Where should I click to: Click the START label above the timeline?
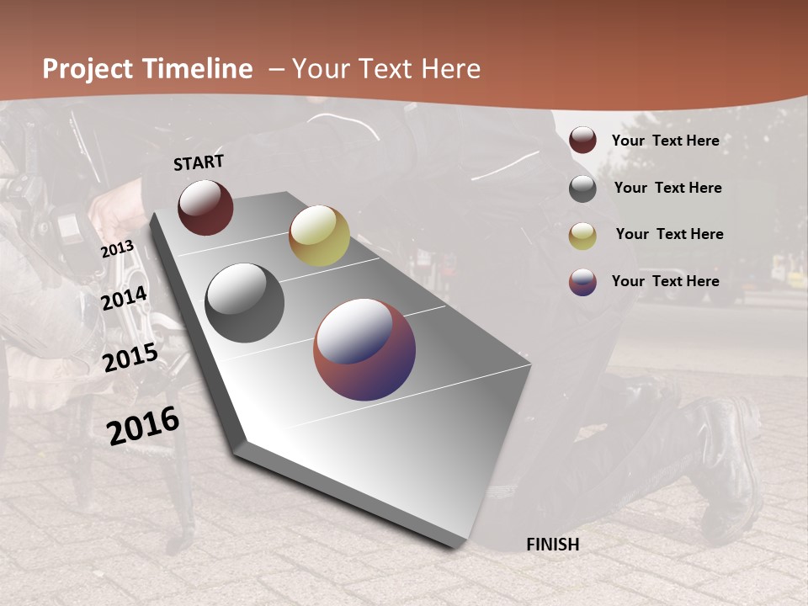click(x=199, y=162)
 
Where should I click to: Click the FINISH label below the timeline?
click(x=553, y=545)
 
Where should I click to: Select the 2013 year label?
click(x=118, y=249)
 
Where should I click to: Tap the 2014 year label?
click(x=125, y=299)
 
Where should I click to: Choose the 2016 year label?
click(x=143, y=425)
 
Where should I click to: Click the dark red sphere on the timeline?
click(x=205, y=207)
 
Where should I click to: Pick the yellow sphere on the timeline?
click(x=319, y=236)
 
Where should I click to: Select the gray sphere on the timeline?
click(x=245, y=303)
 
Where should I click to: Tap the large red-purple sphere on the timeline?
click(x=364, y=349)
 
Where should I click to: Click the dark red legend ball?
click(x=582, y=141)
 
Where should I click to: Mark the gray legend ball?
click(x=582, y=189)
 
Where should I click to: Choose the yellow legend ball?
click(x=582, y=236)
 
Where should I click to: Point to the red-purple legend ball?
click(x=582, y=282)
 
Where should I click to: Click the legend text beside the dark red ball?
click(x=665, y=141)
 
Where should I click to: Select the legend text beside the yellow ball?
click(x=669, y=234)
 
